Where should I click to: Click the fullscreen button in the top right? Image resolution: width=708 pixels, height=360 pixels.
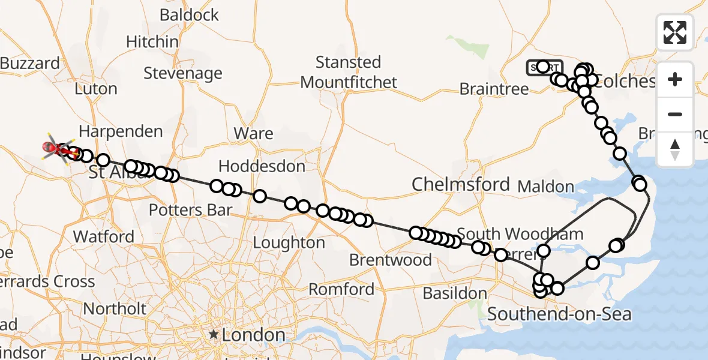pos(675,32)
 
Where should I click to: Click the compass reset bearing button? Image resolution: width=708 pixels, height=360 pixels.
pos(675,149)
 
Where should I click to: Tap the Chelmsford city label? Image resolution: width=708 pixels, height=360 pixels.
pos(460,184)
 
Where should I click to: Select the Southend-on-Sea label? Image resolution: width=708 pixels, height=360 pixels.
pos(559,314)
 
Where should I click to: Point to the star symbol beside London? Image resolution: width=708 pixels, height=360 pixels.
pos(213,335)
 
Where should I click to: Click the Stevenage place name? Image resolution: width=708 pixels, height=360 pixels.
pos(183,73)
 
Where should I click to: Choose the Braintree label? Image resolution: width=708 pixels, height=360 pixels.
pos(494,89)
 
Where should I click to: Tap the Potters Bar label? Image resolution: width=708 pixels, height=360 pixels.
pos(190,210)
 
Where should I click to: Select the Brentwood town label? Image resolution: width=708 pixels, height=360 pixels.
pos(390,260)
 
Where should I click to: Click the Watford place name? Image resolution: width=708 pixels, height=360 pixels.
pos(104,236)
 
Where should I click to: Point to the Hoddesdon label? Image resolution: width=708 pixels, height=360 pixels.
pos(262,166)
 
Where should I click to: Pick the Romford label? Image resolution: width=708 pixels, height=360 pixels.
pos(341,289)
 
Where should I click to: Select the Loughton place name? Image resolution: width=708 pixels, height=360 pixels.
pos(289,242)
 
